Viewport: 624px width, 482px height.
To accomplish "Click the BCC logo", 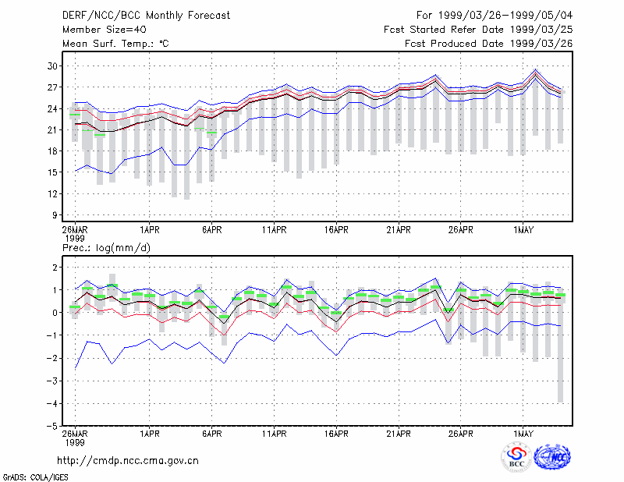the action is coord(516,457).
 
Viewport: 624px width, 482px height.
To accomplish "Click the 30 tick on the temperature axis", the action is coord(52,66).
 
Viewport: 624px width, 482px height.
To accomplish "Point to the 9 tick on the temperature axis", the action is coord(55,215).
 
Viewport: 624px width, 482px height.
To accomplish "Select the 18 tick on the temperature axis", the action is coord(52,151).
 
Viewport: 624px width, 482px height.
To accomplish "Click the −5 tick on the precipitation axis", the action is coord(51,427).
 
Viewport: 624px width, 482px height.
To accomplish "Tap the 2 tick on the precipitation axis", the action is coord(55,267).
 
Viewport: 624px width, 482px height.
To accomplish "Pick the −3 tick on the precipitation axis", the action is coord(51,381).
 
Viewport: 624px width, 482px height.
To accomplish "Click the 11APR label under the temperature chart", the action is coord(275,230).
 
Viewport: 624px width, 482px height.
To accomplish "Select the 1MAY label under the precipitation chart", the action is coord(523,434).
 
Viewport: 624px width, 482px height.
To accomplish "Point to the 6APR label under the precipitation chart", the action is coord(211,434).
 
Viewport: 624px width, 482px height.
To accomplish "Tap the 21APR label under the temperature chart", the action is coord(399,230).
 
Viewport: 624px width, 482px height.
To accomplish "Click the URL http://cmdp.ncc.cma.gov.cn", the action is coord(128,461).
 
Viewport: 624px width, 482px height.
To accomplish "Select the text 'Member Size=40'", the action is coord(105,30).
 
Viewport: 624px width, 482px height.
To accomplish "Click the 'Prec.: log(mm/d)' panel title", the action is coord(106,248).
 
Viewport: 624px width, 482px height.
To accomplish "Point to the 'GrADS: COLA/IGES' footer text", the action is coord(35,477).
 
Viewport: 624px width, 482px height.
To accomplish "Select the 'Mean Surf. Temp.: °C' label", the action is coord(115,44).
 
